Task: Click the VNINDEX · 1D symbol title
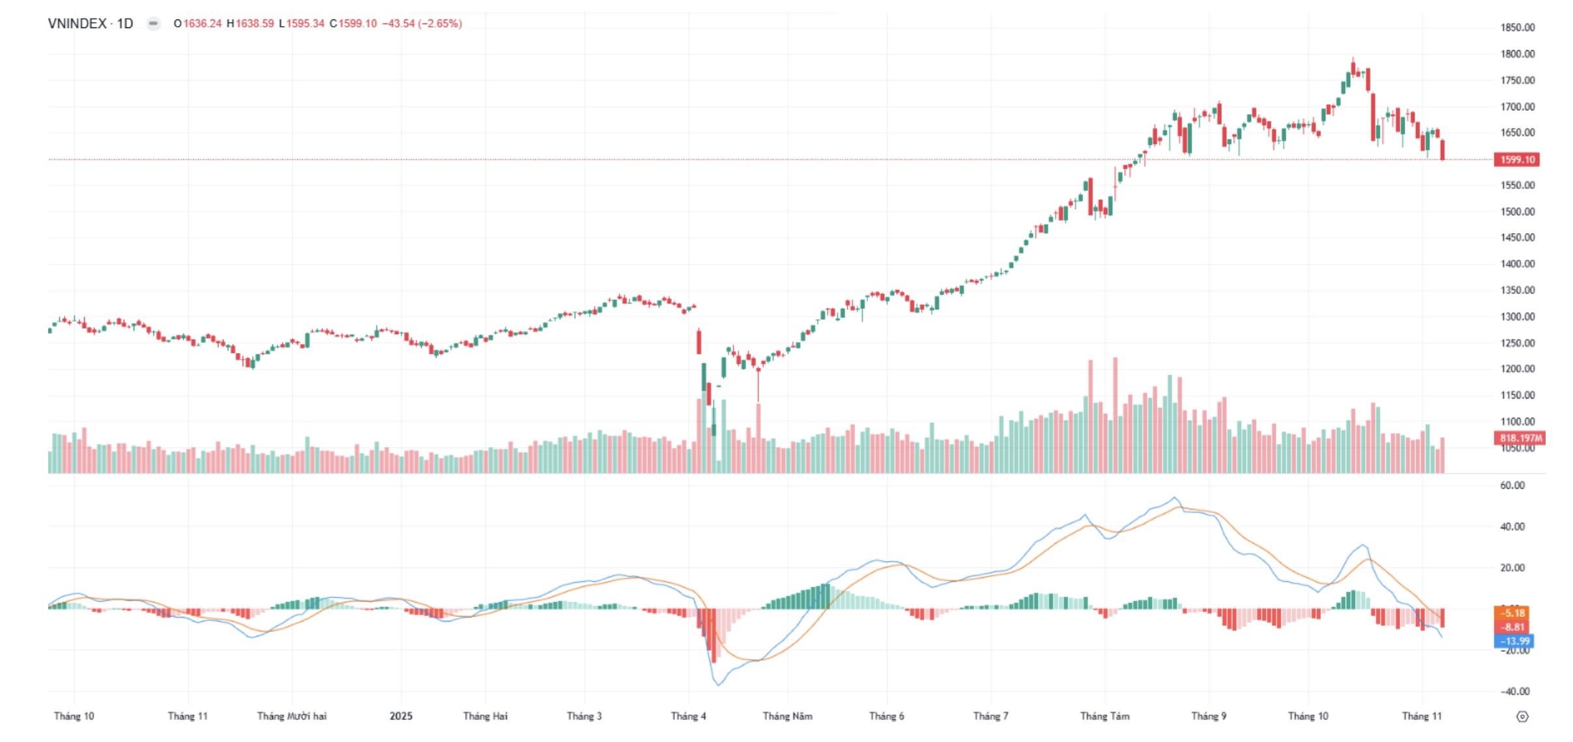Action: [91, 23]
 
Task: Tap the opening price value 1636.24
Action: [202, 23]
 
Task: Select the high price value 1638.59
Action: [254, 23]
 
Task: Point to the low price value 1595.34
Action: [305, 23]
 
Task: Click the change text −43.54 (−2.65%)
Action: [422, 23]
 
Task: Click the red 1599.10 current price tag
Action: [1517, 160]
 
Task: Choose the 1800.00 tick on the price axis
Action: [1517, 54]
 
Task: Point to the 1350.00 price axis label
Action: [1517, 291]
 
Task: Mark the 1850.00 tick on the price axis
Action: [1517, 27]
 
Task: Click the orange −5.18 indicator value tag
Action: [1512, 613]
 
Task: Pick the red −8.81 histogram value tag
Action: [1512, 627]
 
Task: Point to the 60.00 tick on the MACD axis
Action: [1512, 485]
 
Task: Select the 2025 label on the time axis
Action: [401, 716]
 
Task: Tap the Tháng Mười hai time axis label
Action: [292, 716]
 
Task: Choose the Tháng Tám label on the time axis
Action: [1104, 716]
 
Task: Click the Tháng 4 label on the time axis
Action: [688, 716]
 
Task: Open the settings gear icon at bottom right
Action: [1522, 717]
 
